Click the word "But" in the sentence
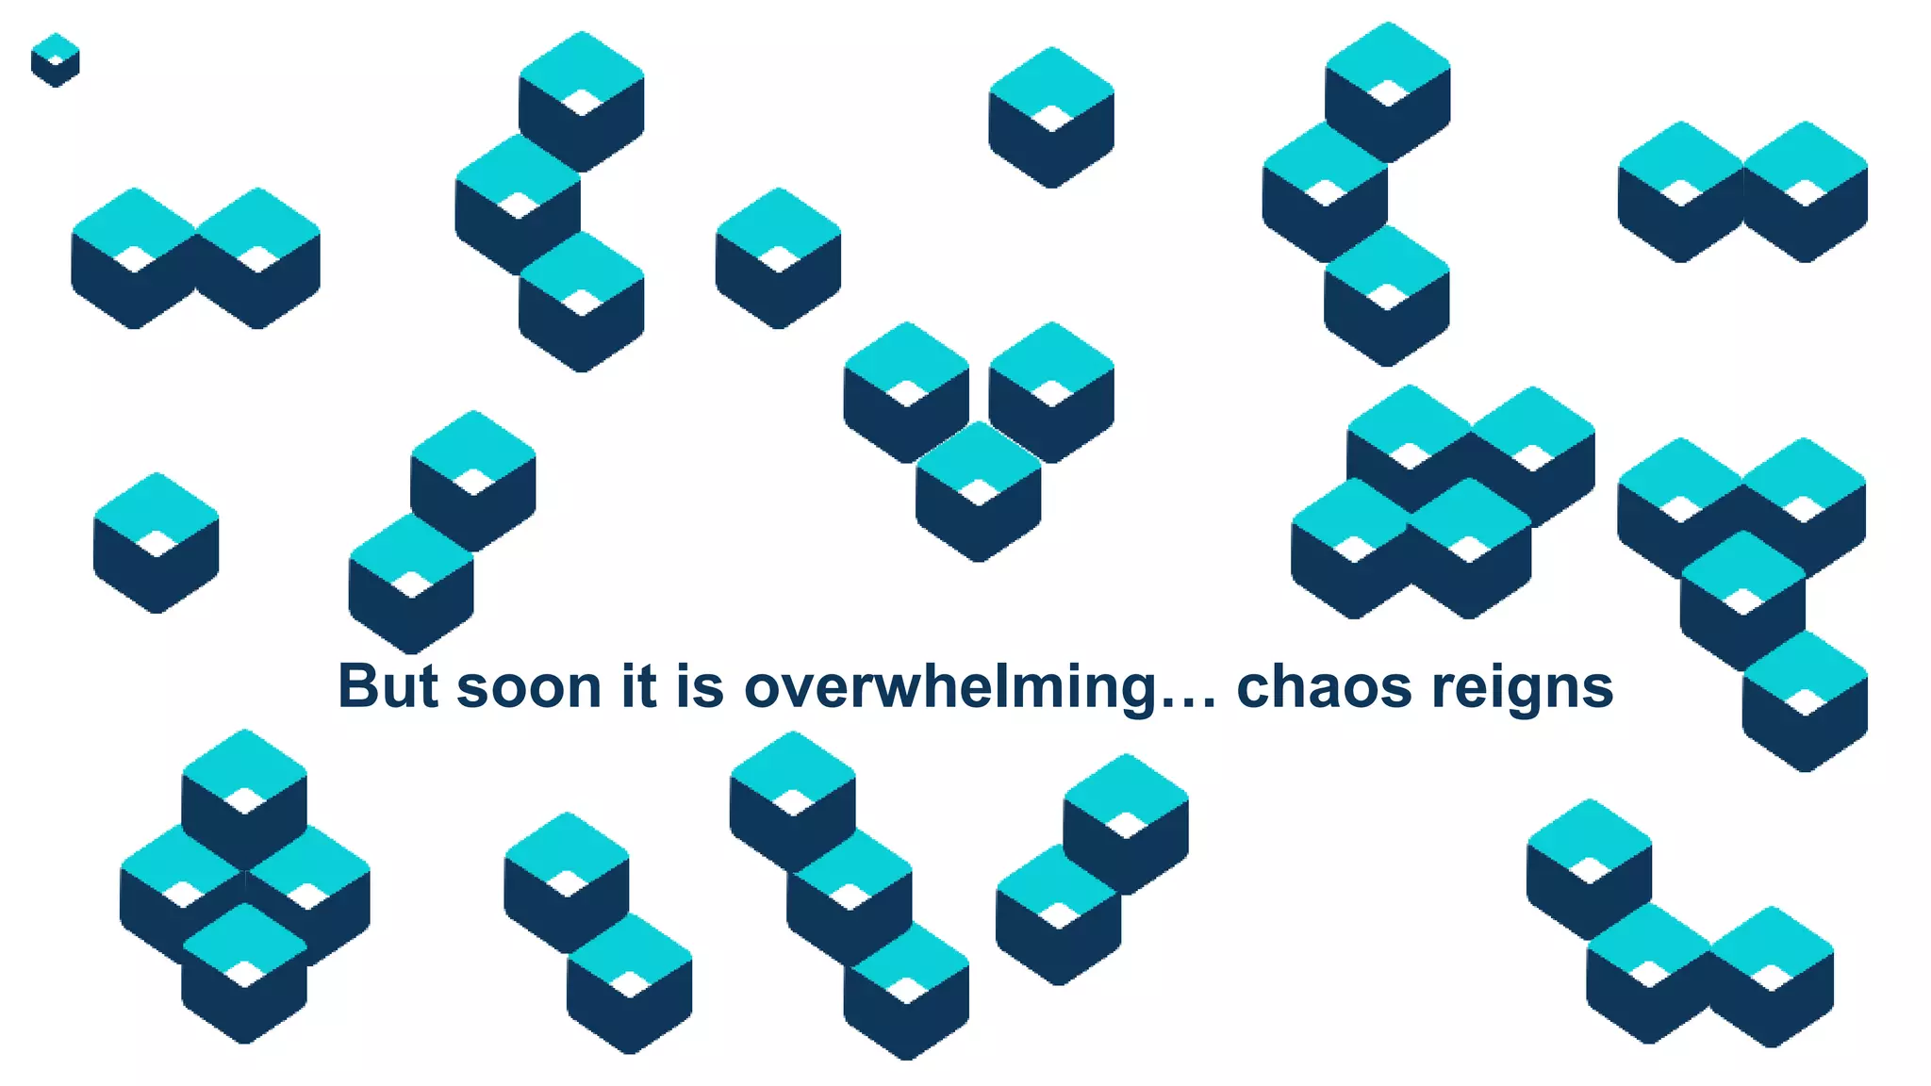click(388, 686)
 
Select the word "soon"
click(529, 688)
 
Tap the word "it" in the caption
click(638, 686)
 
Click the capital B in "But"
click(359, 686)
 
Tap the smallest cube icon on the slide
click(55, 60)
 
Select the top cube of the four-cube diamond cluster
click(244, 798)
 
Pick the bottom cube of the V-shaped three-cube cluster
click(979, 491)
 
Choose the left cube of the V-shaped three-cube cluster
click(906, 392)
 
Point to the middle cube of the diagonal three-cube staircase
click(850, 896)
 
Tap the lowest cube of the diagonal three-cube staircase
click(906, 990)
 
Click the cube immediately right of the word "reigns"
click(1805, 701)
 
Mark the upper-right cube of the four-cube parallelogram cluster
click(1532, 456)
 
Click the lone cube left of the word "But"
click(157, 543)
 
